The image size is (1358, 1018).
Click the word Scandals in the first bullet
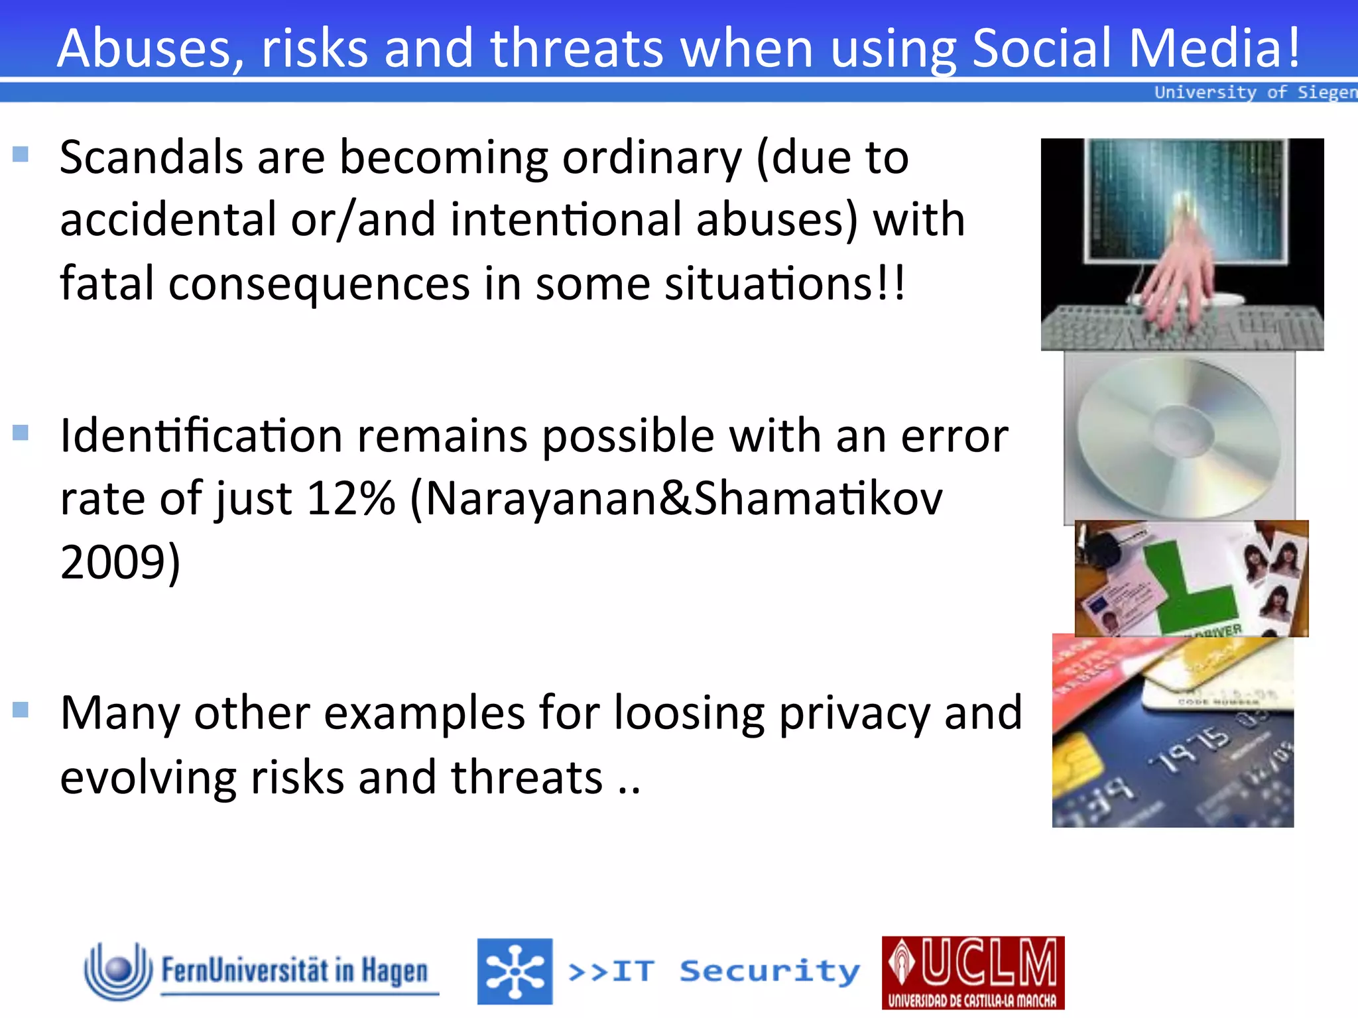pyautogui.click(x=151, y=158)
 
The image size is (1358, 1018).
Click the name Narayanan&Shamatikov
pyautogui.click(x=683, y=498)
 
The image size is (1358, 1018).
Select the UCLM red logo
pyautogui.click(x=973, y=972)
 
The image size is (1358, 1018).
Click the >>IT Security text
pyautogui.click(x=713, y=972)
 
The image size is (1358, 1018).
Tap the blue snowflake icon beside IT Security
pyautogui.click(x=515, y=972)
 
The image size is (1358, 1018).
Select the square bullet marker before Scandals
pyautogui.click(x=21, y=154)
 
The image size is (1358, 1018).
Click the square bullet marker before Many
pyautogui.click(x=21, y=710)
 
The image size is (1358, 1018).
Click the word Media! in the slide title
pyautogui.click(x=1213, y=48)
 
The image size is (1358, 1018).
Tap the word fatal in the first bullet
pyautogui.click(x=106, y=284)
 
